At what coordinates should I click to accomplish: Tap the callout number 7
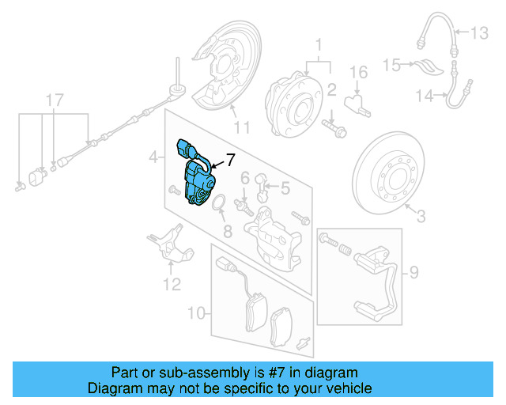(x=231, y=160)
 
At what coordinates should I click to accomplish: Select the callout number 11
(x=241, y=127)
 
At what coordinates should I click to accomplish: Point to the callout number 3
(x=421, y=215)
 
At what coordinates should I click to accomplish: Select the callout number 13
(x=481, y=33)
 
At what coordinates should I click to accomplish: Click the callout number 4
(x=153, y=160)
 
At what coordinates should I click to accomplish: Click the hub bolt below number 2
(x=333, y=126)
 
